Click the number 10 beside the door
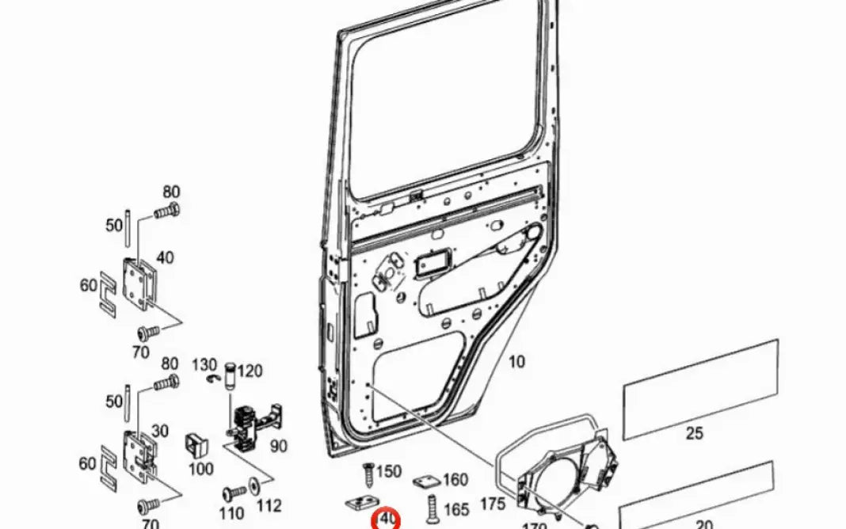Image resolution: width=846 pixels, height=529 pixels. coord(516,363)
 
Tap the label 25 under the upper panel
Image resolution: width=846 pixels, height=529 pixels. coord(694,433)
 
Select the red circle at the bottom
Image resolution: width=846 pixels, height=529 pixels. coord(387,519)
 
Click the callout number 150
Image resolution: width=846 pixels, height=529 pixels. coord(388,472)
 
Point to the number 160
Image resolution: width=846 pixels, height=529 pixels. coord(455,480)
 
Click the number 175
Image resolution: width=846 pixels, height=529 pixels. coord(493,503)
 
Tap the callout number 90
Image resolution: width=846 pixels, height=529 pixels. coord(278,446)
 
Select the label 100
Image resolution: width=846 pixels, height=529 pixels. coord(200,469)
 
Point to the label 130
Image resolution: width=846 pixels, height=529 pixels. coord(204,364)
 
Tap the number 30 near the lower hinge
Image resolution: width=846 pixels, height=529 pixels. coord(160,431)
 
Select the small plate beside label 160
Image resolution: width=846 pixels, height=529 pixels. coord(426,482)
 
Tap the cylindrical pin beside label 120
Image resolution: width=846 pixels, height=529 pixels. coord(231,374)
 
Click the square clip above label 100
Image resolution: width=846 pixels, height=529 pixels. coord(196,445)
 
